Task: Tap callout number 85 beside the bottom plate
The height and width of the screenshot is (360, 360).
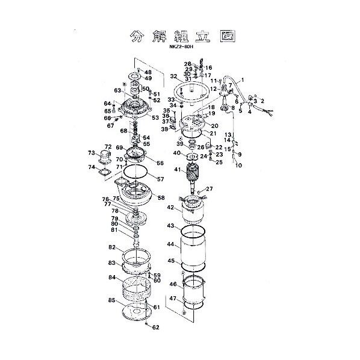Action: tap(112, 300)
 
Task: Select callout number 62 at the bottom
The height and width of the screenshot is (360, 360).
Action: tap(156, 327)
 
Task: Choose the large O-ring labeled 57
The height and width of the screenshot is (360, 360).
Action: tap(138, 179)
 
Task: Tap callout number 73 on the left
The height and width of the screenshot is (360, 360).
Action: tap(92, 152)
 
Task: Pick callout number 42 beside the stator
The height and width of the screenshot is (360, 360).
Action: tap(171, 208)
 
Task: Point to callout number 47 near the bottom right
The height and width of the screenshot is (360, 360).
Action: tap(173, 298)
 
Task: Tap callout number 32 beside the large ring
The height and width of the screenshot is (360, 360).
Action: tap(173, 76)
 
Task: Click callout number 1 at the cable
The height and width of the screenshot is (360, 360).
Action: tap(243, 80)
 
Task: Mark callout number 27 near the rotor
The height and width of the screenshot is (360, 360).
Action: tap(210, 190)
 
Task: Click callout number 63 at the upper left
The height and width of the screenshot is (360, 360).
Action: tap(117, 91)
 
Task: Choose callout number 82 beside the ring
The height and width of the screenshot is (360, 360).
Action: tap(112, 247)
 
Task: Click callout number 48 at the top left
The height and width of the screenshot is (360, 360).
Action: tap(148, 72)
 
